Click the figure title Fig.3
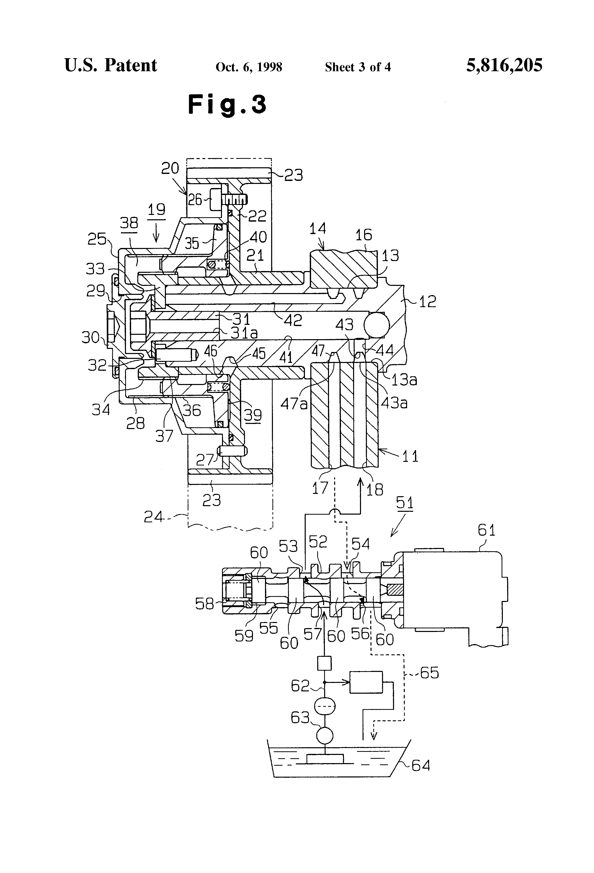pos(227,105)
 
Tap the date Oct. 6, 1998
pos(249,67)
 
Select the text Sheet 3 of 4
pos(358,67)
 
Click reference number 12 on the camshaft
pos(427,301)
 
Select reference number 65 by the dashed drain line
pos(429,673)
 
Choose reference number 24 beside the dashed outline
pos(154,517)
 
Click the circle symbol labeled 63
pos(324,734)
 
